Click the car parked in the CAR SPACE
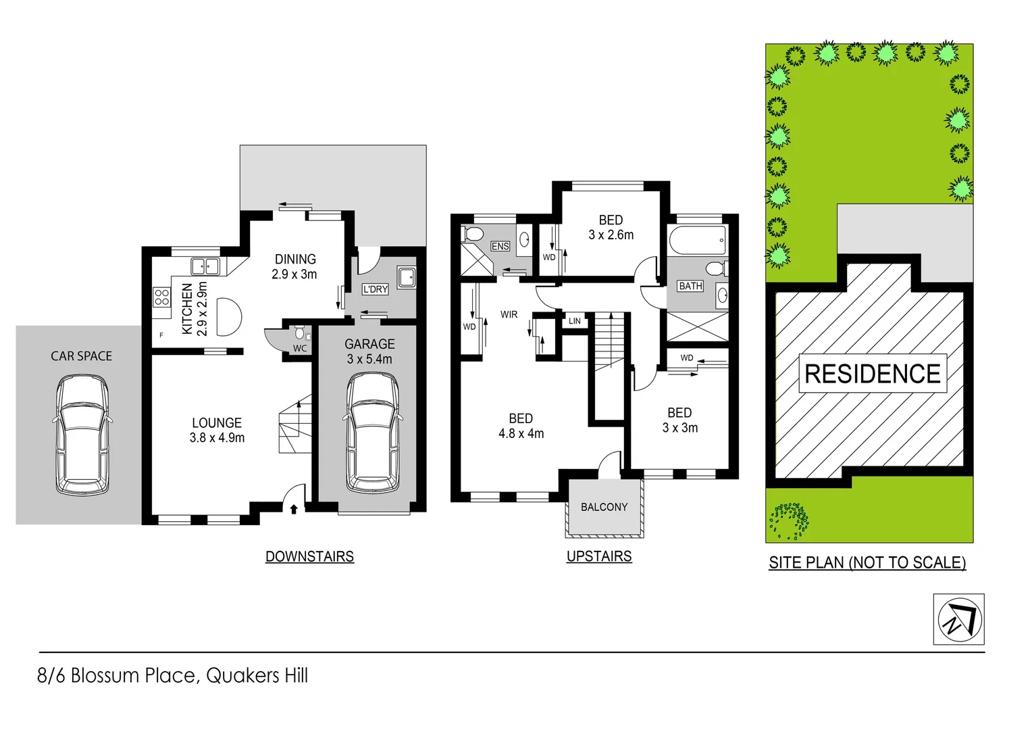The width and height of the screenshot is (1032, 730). point(81,434)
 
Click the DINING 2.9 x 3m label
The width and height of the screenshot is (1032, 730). point(294,266)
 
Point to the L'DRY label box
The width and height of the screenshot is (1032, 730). point(376,289)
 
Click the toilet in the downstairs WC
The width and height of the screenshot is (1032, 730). point(300,333)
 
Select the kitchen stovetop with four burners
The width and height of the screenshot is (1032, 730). point(162,297)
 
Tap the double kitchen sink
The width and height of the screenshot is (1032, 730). point(205,266)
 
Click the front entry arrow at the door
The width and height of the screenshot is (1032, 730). point(294,509)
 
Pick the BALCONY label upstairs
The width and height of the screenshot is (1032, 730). point(604,507)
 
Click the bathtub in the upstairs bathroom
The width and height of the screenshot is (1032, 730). point(698,240)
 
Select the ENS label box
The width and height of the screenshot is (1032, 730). point(500,246)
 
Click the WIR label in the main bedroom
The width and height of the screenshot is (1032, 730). point(509,314)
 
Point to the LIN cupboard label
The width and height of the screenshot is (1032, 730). point(575,321)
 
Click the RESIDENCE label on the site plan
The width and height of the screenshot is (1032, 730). point(873,374)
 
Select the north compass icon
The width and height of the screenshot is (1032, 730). point(958,619)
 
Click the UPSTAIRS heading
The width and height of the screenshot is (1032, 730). point(599,556)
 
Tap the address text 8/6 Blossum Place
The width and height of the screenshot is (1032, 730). point(173,675)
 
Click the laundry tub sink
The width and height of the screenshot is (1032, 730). point(407,277)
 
